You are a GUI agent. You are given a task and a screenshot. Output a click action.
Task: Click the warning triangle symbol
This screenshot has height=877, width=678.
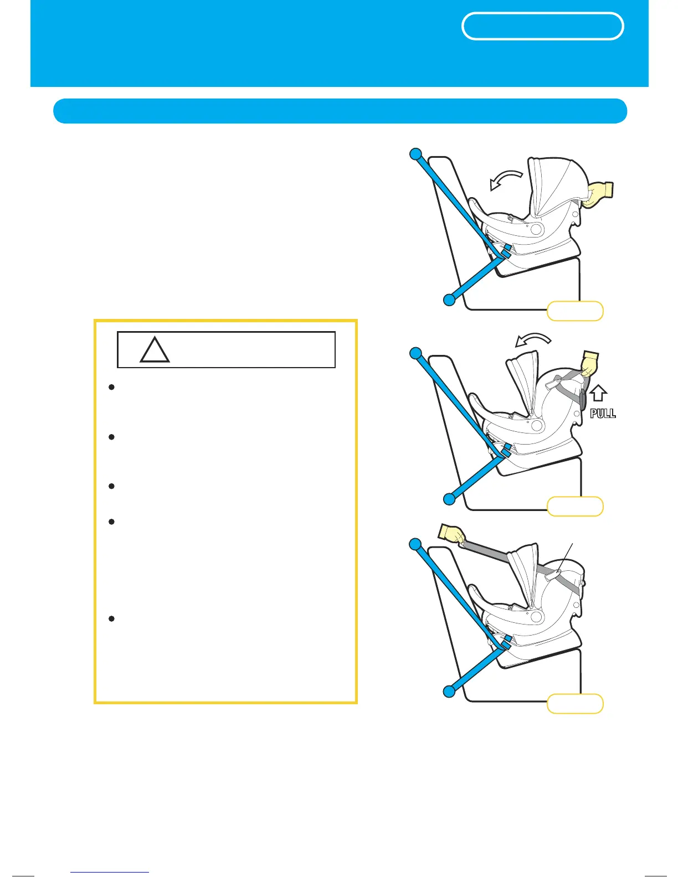click(155, 350)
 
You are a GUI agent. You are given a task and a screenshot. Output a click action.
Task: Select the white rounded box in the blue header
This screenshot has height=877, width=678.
click(542, 26)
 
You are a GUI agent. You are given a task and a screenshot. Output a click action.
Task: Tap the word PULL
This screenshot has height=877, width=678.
click(602, 413)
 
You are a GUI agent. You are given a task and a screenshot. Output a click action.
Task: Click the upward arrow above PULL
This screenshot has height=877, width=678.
click(598, 394)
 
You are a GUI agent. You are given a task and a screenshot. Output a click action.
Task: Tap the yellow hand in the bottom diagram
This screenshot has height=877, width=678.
click(452, 534)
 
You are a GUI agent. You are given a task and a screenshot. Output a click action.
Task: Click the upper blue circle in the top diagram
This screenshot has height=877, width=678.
click(416, 154)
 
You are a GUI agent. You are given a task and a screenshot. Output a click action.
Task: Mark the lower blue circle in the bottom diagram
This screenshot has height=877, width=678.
click(449, 691)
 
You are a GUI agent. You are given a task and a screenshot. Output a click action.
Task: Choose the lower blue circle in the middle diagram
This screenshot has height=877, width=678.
click(449, 499)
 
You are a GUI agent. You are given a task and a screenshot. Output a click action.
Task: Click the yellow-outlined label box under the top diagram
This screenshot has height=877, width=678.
click(574, 311)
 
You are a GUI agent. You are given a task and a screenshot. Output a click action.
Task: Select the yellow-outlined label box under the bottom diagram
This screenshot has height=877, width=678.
click(574, 704)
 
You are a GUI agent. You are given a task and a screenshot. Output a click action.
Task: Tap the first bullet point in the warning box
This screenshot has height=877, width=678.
click(111, 388)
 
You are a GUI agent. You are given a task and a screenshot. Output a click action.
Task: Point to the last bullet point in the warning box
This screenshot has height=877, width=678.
click(111, 618)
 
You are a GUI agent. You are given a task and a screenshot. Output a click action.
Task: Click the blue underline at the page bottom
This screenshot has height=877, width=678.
click(110, 873)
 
